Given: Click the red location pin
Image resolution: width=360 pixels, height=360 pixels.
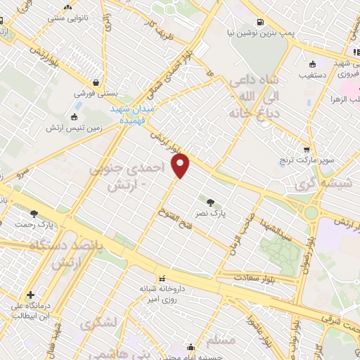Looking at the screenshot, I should pos(181,167).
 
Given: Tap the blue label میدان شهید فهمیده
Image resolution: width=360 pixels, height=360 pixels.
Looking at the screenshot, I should pos(135,115).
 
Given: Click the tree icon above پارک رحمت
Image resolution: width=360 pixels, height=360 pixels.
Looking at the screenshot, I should pos(34,214).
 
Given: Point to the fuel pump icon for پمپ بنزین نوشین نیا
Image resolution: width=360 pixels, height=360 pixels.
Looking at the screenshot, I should pos(261,21).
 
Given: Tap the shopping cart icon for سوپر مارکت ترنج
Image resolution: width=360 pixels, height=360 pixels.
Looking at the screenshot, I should pos(306,150).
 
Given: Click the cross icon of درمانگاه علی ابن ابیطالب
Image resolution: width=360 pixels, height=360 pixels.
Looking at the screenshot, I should pos(30,295).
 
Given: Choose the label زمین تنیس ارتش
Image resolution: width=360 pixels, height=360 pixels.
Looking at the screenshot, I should pos(70,128).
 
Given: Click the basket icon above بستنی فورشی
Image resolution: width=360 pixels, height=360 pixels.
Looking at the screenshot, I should pos(95,81).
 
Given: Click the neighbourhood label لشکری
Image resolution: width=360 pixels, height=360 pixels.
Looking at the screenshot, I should pos(97,325).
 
